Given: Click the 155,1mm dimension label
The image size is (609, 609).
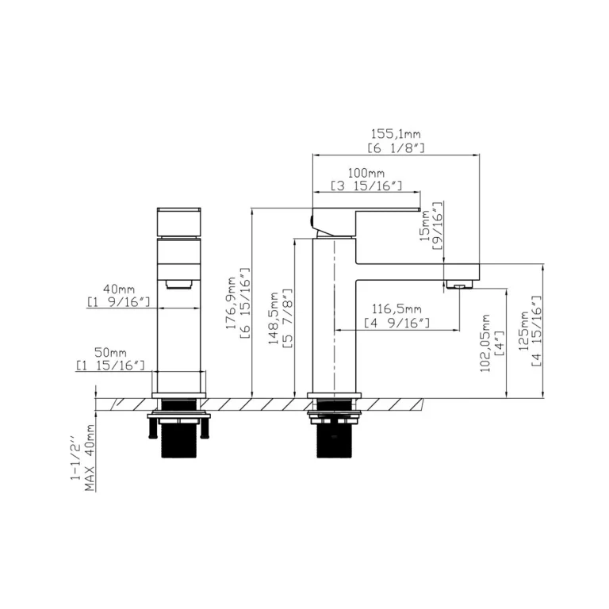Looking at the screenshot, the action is click(x=396, y=134).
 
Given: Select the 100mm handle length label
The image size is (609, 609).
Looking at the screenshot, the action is click(x=366, y=172).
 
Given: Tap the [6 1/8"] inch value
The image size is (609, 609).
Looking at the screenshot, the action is click(x=396, y=148).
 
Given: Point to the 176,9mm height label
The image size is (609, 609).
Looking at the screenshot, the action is click(x=231, y=303).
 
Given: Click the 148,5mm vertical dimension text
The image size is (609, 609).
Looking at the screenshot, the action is click(x=274, y=318).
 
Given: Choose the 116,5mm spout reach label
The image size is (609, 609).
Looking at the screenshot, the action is click(x=396, y=309).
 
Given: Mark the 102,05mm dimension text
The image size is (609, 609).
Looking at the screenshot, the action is click(x=485, y=343).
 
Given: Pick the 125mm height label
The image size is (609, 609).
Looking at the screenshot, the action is click(x=524, y=331).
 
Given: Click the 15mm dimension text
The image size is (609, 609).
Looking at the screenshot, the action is click(x=425, y=226).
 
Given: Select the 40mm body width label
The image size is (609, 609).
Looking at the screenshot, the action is click(x=119, y=289).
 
